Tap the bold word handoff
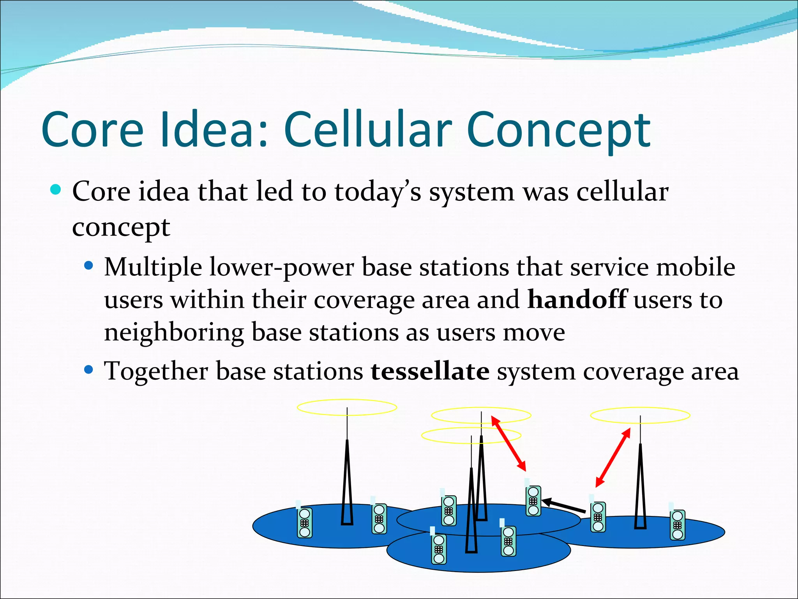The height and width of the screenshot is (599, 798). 577,299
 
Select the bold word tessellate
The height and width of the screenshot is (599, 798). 430,371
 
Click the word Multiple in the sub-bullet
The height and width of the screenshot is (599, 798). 153,268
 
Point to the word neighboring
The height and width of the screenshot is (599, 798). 174,333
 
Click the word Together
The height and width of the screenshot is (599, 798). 156,371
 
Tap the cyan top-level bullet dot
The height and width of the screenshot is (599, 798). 56,190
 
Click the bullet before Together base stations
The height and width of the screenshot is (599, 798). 89,369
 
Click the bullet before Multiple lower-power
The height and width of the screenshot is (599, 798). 89,266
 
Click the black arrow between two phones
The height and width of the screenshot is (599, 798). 563,506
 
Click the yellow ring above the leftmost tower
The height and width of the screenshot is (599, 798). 347,407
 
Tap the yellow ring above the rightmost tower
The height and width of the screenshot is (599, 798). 640,415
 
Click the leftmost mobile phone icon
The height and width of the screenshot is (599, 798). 304,522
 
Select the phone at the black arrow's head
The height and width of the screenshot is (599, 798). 533,501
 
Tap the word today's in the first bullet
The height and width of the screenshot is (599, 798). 377,192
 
